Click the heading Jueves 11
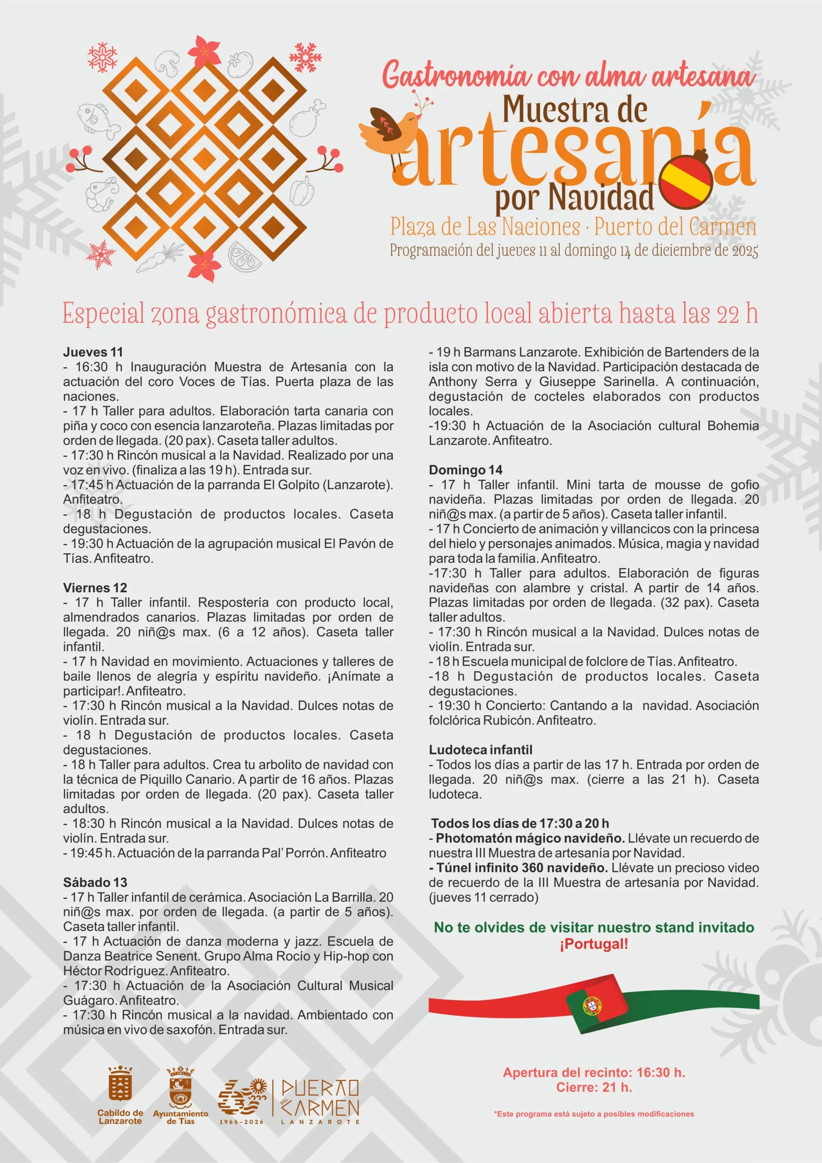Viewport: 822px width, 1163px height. click(93, 352)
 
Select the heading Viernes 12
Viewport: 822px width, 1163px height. click(95, 588)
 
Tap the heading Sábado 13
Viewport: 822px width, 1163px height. click(95, 882)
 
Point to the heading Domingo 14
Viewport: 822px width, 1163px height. click(465, 470)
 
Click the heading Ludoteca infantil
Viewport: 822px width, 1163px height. click(480, 750)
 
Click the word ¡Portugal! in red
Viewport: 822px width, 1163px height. click(593, 944)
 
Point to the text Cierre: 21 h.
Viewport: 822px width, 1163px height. click(593, 1086)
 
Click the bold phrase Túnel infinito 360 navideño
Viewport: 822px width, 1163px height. click(522, 868)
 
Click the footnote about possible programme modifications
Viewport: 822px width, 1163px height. click(593, 1114)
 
